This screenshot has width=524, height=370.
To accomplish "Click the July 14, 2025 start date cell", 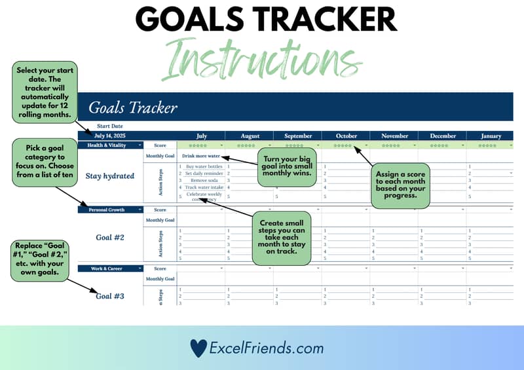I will click(109, 136).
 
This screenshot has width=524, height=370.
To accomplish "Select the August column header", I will click(250, 136).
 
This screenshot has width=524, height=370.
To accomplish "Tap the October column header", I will click(346, 136).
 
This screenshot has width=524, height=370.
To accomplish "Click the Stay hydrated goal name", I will click(110, 176).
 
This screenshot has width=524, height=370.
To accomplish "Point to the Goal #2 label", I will click(110, 237).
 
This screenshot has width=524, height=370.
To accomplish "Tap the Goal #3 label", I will click(110, 296).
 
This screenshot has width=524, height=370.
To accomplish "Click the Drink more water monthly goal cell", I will click(201, 157).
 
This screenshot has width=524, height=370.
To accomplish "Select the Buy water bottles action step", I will click(204, 166).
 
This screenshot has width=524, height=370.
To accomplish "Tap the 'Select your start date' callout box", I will click(45, 92).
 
